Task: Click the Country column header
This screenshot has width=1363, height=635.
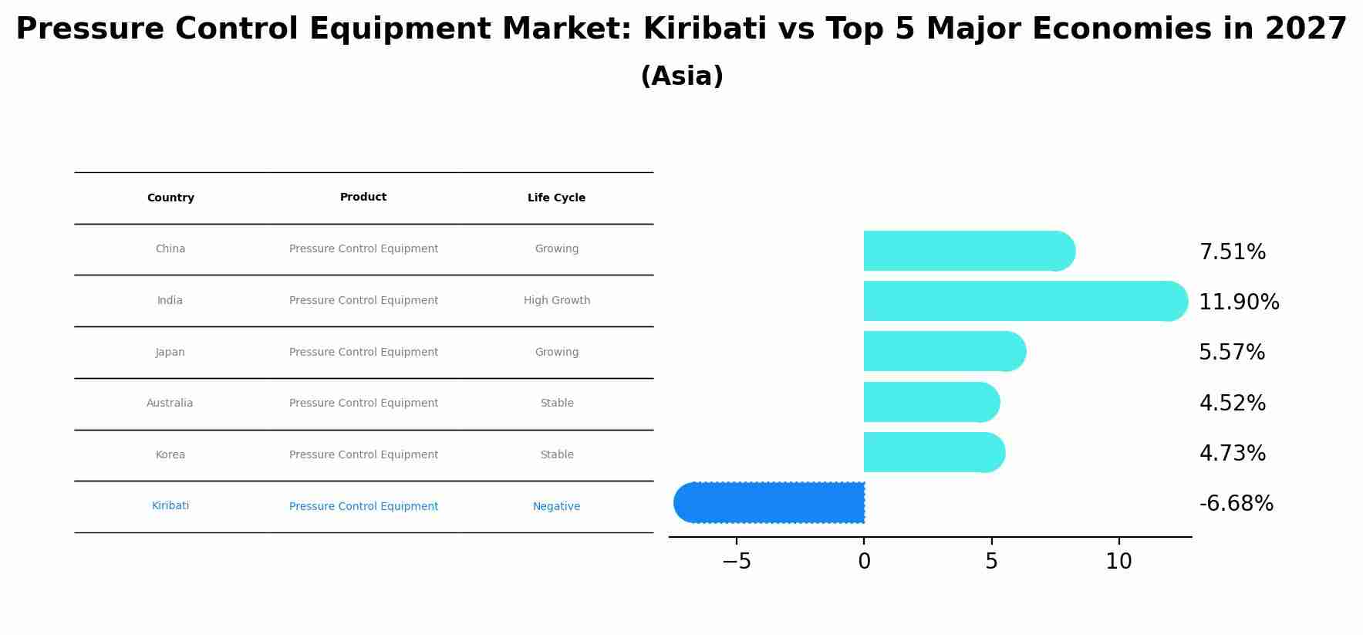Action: pyautogui.click(x=170, y=198)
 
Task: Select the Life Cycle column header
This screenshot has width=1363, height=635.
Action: pyautogui.click(x=556, y=198)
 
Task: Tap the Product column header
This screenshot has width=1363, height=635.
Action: pyautogui.click(x=363, y=198)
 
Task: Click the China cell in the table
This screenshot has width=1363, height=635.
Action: pyautogui.click(x=170, y=249)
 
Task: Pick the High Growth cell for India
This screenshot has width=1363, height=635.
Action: pyautogui.click(x=556, y=301)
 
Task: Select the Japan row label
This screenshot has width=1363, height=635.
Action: pyautogui.click(x=170, y=353)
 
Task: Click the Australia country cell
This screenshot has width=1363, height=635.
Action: pyautogui.click(x=170, y=404)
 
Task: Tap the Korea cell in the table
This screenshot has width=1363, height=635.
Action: pyautogui.click(x=170, y=455)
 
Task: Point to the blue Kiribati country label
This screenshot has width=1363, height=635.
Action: pyautogui.click(x=170, y=506)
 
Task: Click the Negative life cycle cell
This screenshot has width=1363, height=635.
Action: pyautogui.click(x=556, y=507)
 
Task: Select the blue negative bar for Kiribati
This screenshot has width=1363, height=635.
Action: pyautogui.click(x=771, y=502)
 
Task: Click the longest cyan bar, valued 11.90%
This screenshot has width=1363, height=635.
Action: pyautogui.click(x=1018, y=301)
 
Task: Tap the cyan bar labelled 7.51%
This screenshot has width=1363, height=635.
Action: pyautogui.click(x=964, y=251)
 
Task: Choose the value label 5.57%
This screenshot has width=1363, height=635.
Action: pyautogui.click(x=1232, y=353)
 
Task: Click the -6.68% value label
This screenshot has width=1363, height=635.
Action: pyautogui.click(x=1236, y=504)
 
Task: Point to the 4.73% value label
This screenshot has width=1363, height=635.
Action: pyautogui.click(x=1232, y=454)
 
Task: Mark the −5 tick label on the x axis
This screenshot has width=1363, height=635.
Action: pyautogui.click(x=736, y=562)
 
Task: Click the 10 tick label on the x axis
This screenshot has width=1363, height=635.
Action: pyautogui.click(x=1118, y=562)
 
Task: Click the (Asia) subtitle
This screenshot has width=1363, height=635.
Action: pyautogui.click(x=682, y=76)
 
